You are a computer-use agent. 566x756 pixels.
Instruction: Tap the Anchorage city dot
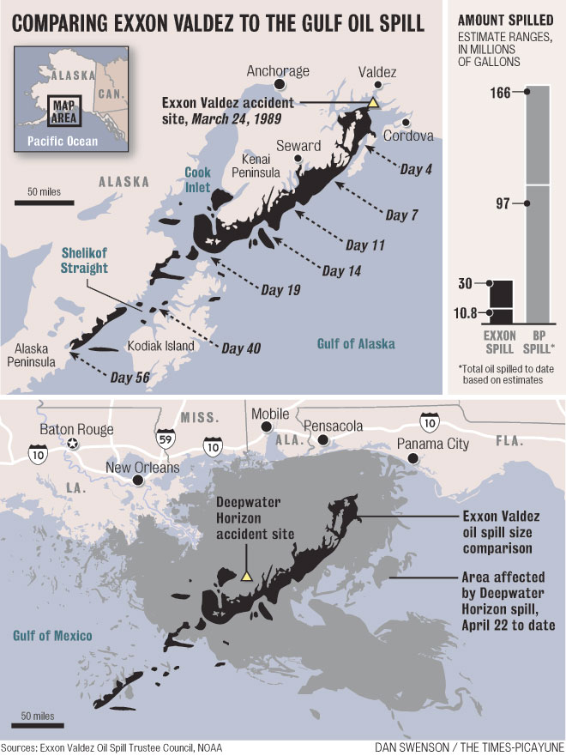pyautogui.click(x=280, y=85)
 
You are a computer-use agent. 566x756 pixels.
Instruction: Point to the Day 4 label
pyautogui.click(x=416, y=170)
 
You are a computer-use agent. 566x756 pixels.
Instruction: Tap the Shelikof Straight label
pyautogui.click(x=84, y=261)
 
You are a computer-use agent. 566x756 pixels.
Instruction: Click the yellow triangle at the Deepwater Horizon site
pyautogui.click(x=246, y=577)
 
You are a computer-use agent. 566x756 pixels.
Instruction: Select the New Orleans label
pyautogui.click(x=142, y=468)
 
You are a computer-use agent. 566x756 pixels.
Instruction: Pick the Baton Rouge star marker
pyautogui.click(x=74, y=444)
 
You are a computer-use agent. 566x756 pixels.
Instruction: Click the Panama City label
pyautogui.click(x=433, y=444)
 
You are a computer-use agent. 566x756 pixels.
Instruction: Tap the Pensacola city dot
pyautogui.click(x=323, y=440)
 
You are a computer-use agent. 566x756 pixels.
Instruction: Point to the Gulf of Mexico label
pyautogui.click(x=53, y=635)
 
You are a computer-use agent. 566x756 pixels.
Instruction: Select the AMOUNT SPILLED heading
pyautogui.click(x=500, y=19)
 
